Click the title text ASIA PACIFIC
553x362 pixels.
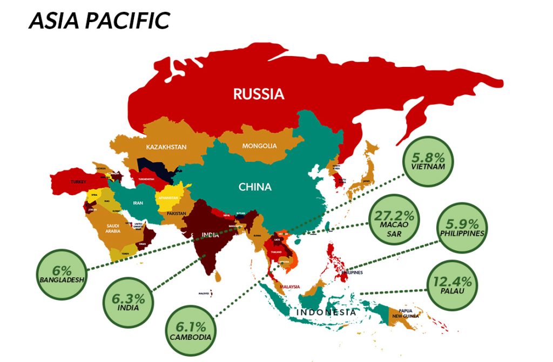pos(99,21)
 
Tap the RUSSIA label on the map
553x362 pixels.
pos(259,94)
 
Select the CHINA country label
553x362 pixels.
pos(256,187)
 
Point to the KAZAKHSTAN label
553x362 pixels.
pos(166,147)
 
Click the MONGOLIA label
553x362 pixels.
pos(259,146)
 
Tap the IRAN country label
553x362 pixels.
pos(138,203)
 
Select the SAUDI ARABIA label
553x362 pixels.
pos(113,228)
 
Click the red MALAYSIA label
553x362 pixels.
pos(290,287)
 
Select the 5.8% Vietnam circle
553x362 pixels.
pos(428,161)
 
